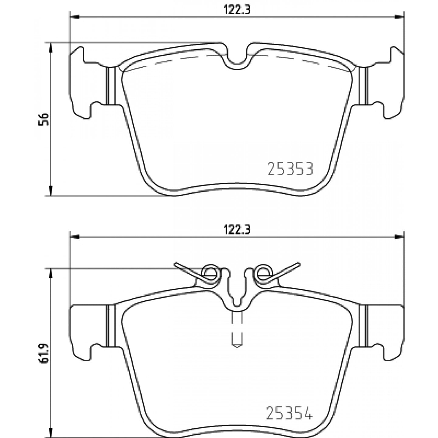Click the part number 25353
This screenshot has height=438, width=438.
tap(290, 169)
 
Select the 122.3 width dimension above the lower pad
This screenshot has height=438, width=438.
tap(237, 230)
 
